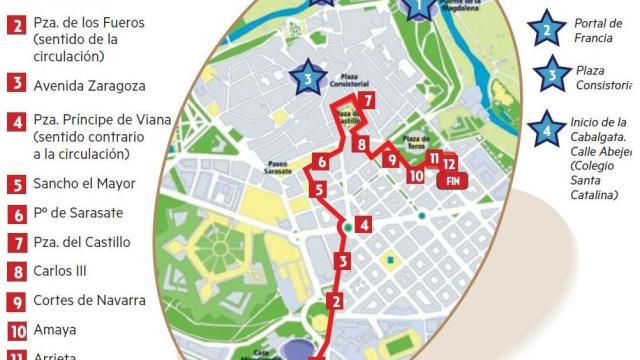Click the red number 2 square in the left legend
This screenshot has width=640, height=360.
16,25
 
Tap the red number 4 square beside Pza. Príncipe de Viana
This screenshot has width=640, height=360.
16,123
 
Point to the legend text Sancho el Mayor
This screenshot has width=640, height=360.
84,184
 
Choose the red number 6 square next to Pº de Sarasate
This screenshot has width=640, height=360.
16,213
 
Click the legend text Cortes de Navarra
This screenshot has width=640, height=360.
89,300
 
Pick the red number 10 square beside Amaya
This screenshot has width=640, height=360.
16,329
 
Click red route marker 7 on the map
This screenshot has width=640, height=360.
368,101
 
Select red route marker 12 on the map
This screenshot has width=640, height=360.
451,162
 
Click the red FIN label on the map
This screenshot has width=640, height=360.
453,181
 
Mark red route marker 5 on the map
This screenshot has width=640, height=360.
317,188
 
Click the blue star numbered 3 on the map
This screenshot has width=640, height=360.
308,76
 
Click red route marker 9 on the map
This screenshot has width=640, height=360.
391,159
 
